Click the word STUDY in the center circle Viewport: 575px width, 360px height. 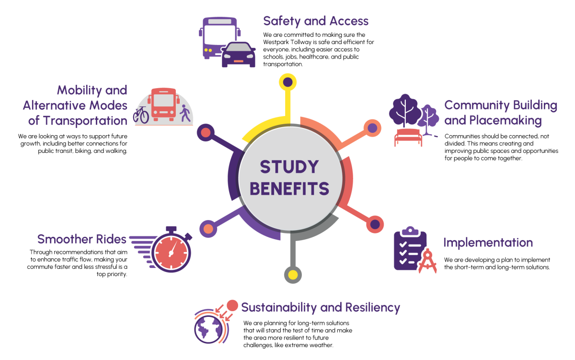[x=289, y=167]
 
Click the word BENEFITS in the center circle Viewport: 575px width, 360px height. [x=289, y=188]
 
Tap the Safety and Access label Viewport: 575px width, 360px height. [x=316, y=21]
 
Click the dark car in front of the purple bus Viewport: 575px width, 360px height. [x=239, y=55]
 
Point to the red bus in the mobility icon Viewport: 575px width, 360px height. [x=163, y=104]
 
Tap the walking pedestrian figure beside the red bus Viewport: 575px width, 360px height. [x=185, y=114]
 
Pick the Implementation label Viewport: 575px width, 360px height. [x=487, y=243]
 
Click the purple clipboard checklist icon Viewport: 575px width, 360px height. [x=408, y=249]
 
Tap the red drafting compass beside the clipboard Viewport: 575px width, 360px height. [x=427, y=262]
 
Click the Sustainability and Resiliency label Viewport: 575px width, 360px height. [x=320, y=307]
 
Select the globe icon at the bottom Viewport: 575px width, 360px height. [x=209, y=328]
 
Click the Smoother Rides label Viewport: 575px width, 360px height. [x=82, y=239]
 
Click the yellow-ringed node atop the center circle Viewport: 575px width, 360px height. [x=287, y=82]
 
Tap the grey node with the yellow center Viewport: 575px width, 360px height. [x=293, y=275]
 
